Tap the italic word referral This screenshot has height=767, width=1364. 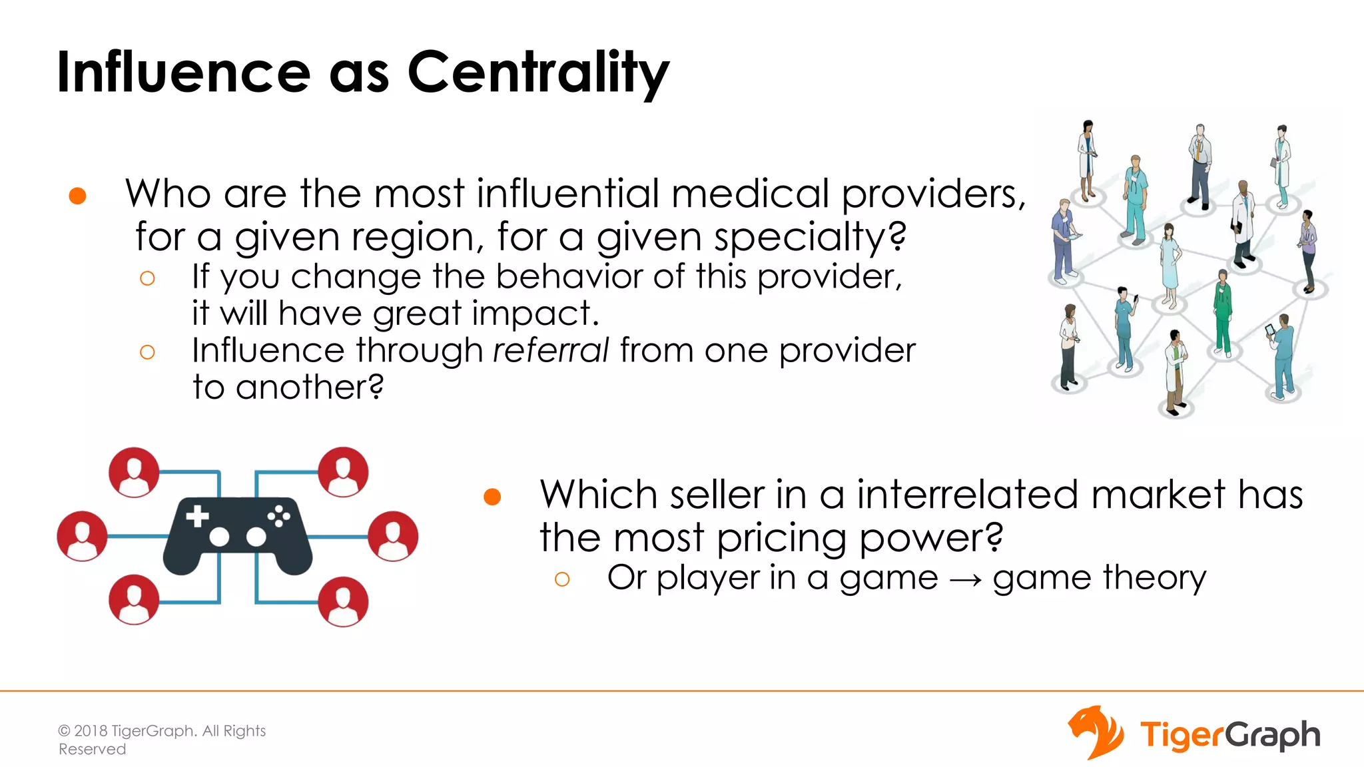pyautogui.click(x=551, y=350)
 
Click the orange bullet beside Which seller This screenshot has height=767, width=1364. pyautogui.click(x=492, y=497)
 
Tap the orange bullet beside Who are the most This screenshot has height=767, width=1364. pyautogui.click(x=78, y=196)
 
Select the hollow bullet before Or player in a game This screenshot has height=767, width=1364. pyautogui.click(x=562, y=579)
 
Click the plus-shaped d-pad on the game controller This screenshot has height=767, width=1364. pyautogui.click(x=197, y=516)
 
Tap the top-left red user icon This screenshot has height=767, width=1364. pyautogui.click(x=134, y=472)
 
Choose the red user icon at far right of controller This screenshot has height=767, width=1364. pyautogui.click(x=393, y=536)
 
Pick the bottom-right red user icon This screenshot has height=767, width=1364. pyautogui.click(x=343, y=602)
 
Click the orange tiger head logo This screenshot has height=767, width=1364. pyautogui.click(x=1096, y=732)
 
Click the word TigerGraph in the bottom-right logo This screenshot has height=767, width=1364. pyautogui.click(x=1230, y=735)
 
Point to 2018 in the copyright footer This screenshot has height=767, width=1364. pyautogui.click(x=91, y=731)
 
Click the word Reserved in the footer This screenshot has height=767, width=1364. pyautogui.click(x=92, y=750)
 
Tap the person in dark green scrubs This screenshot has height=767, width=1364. pyautogui.click(x=1223, y=313)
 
